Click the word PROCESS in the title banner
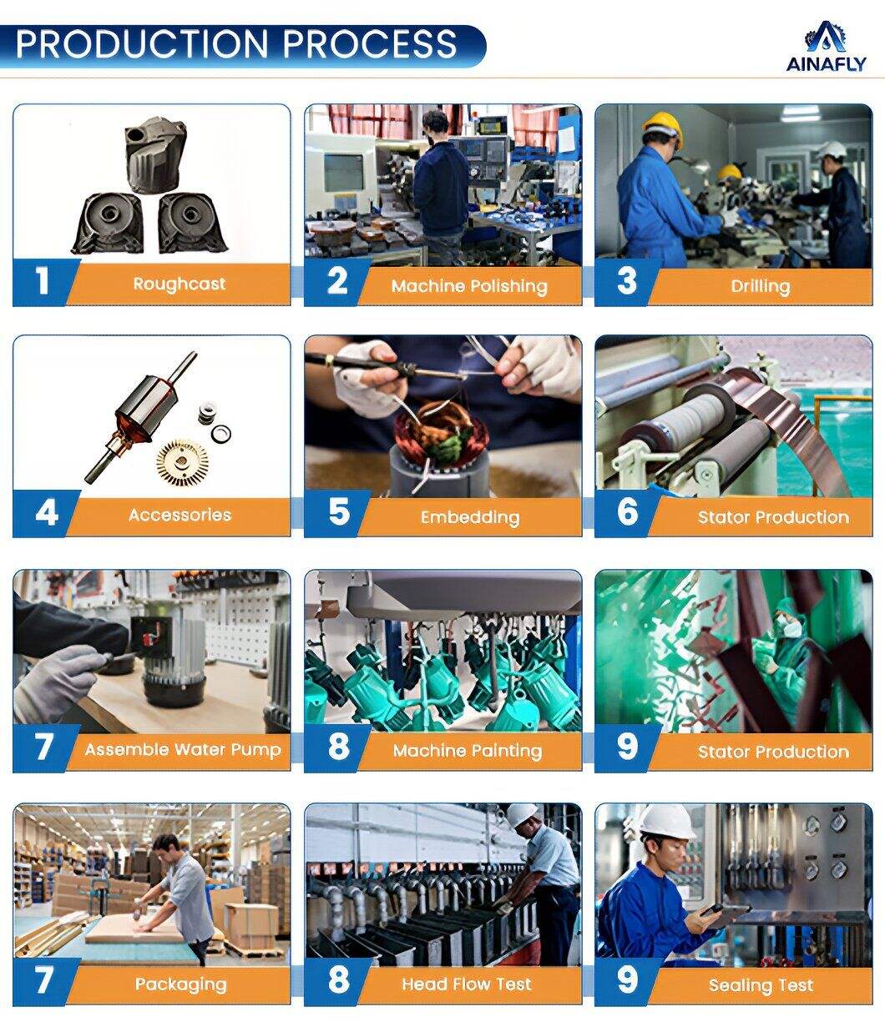(370, 43)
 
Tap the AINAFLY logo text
(826, 63)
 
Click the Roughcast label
(179, 284)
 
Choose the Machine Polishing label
(469, 286)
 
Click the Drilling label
(760, 286)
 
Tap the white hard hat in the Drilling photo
(832, 150)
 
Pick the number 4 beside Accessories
(47, 513)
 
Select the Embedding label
(470, 517)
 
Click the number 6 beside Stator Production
(627, 511)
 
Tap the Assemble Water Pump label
(183, 749)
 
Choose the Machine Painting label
(468, 751)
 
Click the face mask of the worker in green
(792, 629)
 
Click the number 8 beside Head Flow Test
(338, 979)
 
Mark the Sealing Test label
(761, 985)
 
